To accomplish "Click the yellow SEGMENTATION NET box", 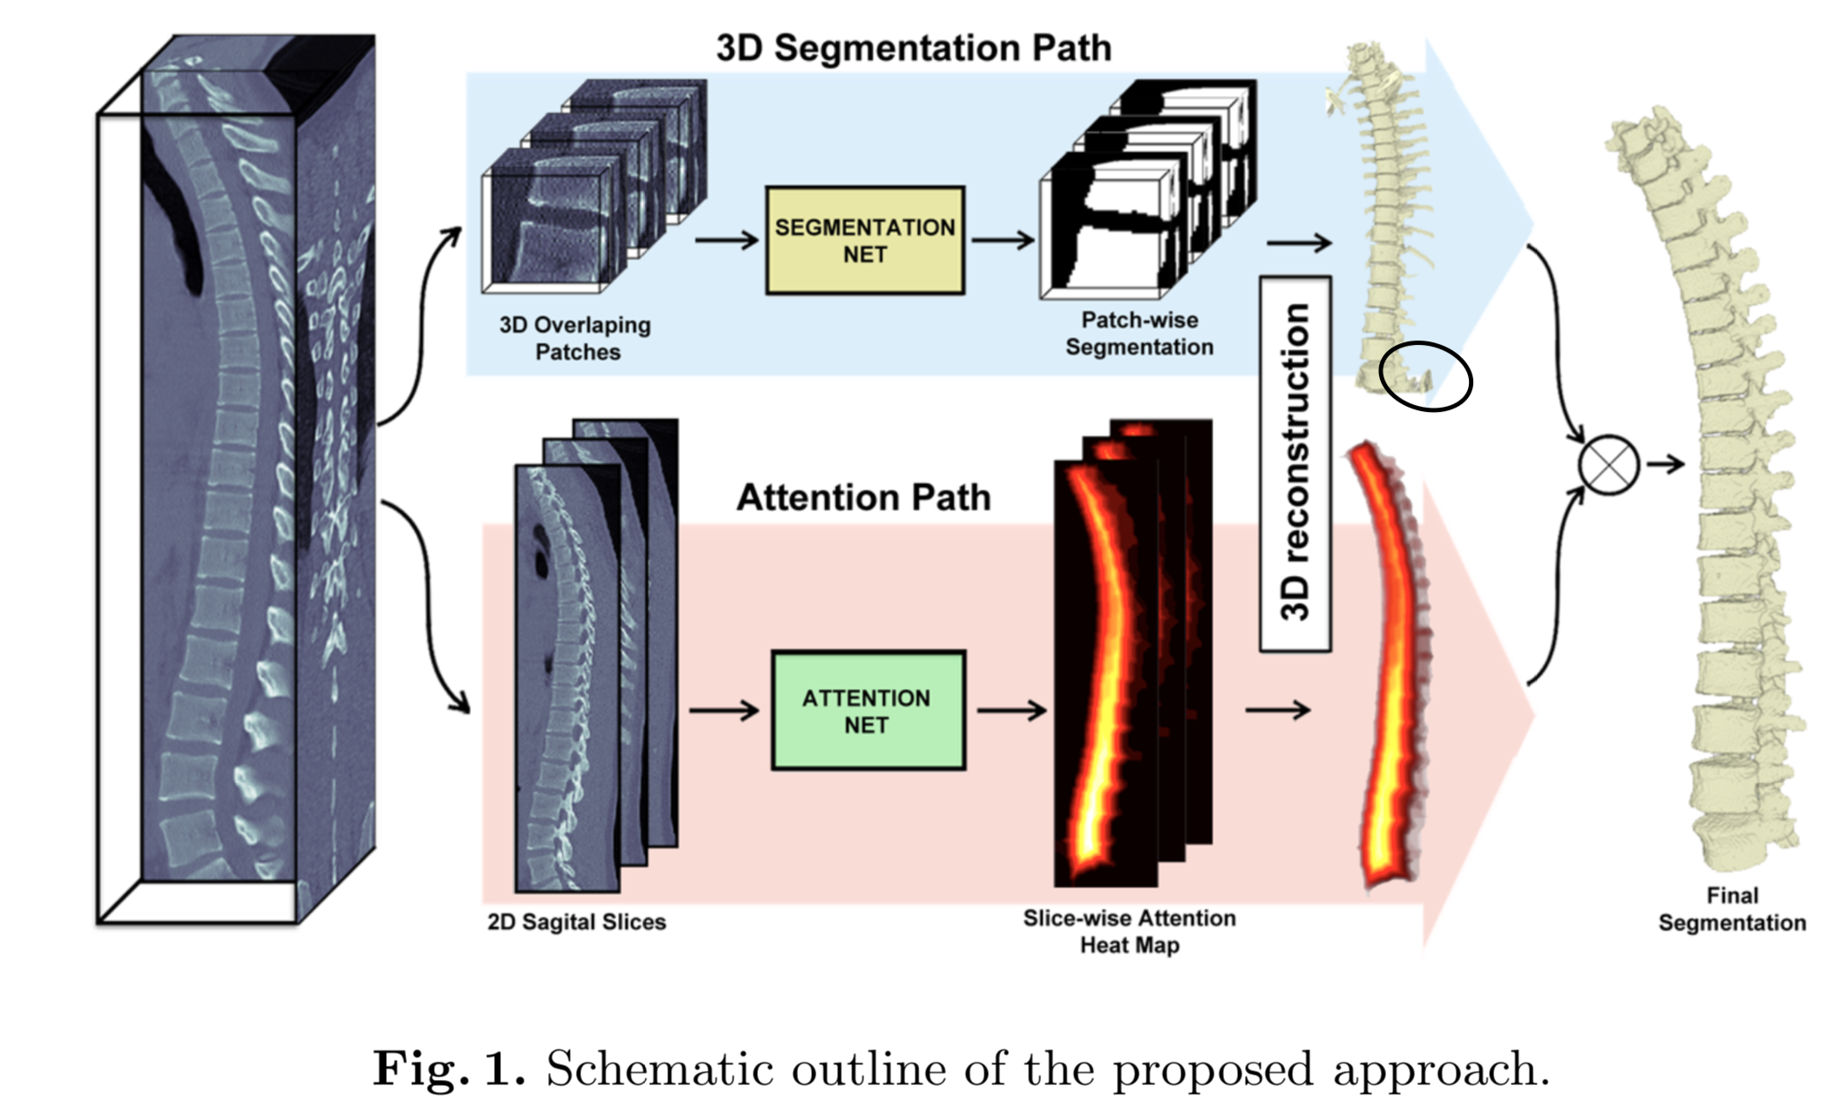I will pos(864,240).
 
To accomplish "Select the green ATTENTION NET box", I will pos(868,711).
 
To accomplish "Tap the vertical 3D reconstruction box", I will pos(1295,463).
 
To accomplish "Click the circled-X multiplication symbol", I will pos(1608,465).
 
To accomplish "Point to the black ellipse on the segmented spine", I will pos(1426,376).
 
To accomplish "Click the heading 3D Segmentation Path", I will pos(913,47).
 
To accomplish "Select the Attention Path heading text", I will pos(863,497).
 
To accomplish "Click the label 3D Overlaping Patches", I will pos(576,338).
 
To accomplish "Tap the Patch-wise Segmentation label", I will pos(1139,334).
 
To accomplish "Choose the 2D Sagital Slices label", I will pos(576,921).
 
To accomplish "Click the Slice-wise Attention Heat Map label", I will pos(1129,931).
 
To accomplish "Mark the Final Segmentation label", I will pos(1731,908).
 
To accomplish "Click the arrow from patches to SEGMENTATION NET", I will pos(727,240).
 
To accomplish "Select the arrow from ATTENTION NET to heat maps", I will pos(1011,711).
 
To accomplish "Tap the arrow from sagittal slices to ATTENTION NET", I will pos(723,711).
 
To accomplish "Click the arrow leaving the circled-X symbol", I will pos(1665,465).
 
